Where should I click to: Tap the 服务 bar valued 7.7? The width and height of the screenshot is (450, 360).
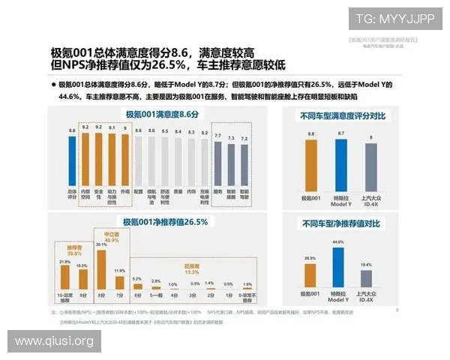(x=218, y=164)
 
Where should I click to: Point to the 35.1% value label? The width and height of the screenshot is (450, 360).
(x=102, y=244)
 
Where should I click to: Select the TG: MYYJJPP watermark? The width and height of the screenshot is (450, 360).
(x=394, y=18)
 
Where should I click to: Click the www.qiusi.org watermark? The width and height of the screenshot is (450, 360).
(x=54, y=341)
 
